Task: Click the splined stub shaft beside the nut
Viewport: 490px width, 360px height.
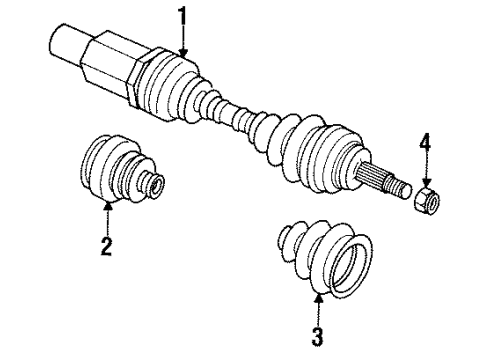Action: point(386,181)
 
